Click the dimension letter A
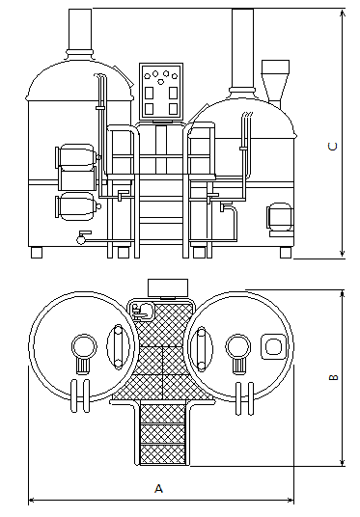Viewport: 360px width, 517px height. tap(158, 488)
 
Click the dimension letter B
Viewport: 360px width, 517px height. tap(334, 377)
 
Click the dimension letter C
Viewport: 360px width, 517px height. tap(333, 147)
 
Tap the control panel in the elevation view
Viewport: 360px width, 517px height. tap(161, 92)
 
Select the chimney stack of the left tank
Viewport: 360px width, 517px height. tap(80, 30)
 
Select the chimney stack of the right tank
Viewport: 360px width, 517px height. tap(242, 48)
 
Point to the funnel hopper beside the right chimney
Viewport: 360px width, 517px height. tap(275, 81)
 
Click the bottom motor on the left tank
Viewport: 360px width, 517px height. tap(78, 206)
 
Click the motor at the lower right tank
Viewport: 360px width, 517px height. tap(280, 217)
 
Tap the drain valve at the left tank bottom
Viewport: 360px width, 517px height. tap(82, 237)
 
